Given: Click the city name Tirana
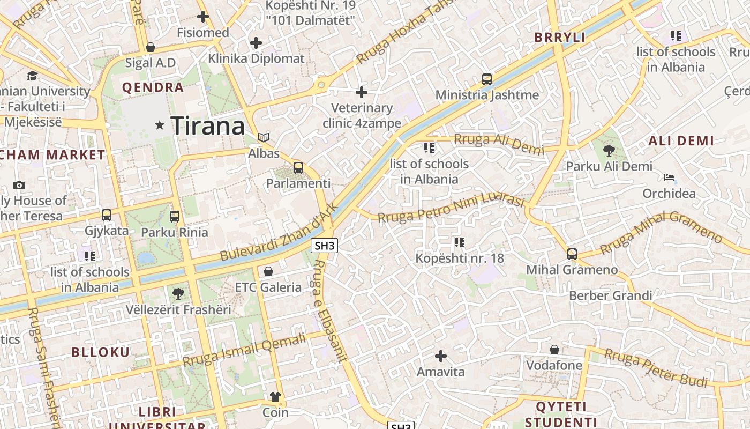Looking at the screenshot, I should (x=208, y=126).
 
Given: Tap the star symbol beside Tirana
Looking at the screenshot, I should (x=160, y=125).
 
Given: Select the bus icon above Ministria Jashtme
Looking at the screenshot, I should (x=486, y=79).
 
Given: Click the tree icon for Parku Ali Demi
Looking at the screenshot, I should (x=609, y=151).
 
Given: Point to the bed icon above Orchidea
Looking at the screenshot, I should (x=669, y=177).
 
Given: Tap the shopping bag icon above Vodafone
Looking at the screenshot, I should (x=554, y=350).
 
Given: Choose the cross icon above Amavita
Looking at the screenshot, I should (x=440, y=356).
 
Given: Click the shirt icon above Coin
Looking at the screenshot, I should (x=275, y=397).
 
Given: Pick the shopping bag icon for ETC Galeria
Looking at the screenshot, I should (x=268, y=271).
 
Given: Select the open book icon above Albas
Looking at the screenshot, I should (x=263, y=137).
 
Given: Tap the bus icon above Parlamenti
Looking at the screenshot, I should (x=298, y=168).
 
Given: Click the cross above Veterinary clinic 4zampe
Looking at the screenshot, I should (x=362, y=92).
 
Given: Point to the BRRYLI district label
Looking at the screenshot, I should (x=560, y=38).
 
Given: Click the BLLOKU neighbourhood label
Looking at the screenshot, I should (x=101, y=352).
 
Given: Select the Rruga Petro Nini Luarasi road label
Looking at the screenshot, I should (x=451, y=209).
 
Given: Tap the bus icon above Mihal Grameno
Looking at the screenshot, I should (x=572, y=254).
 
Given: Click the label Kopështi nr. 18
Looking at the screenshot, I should (x=460, y=258).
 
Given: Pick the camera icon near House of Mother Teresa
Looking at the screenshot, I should (x=19, y=185).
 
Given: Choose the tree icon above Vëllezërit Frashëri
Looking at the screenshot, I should (x=178, y=294).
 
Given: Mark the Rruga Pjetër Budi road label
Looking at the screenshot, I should (x=656, y=368).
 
